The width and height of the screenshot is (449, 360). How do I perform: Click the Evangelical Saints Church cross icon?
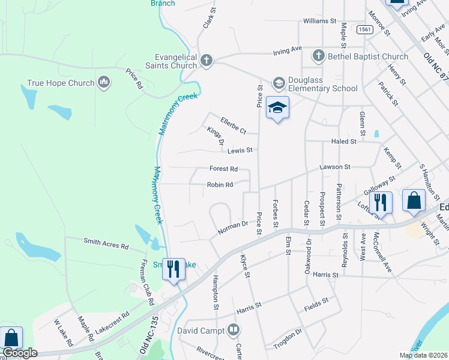coord(206,59)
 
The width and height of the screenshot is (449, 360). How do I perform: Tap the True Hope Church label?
coord(62,83)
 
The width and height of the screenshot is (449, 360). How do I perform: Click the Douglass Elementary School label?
coord(323,85)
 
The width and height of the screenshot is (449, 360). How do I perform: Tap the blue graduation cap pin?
coord(277,108)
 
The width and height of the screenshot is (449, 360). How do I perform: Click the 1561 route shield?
coord(364,29)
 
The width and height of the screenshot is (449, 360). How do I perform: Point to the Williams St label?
coord(319,20)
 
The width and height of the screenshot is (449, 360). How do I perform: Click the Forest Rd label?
coord(223,169)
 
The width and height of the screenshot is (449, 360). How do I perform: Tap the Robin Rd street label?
coord(220,185)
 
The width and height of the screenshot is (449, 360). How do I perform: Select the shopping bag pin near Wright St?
coord(414,200)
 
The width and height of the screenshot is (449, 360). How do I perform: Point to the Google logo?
coord(20,353)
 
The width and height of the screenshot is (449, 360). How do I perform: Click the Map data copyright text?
coord(423,355)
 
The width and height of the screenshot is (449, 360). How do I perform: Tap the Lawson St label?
coord(334,167)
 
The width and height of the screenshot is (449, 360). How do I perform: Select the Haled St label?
coord(344,142)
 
